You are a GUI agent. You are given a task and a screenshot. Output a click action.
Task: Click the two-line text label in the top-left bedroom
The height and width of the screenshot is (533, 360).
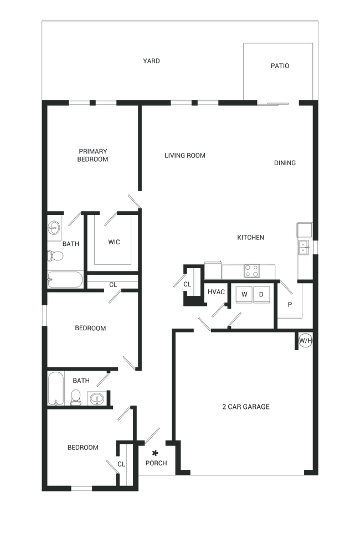pyautogui.click(x=92, y=155)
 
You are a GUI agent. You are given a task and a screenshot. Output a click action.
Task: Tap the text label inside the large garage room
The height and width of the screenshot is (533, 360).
pyautogui.click(x=245, y=406)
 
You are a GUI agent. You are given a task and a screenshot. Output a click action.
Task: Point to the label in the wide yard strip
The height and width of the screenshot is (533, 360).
pyautogui.click(x=151, y=61)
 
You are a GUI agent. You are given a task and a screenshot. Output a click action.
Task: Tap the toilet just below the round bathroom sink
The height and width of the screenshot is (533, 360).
pyautogui.click(x=56, y=255)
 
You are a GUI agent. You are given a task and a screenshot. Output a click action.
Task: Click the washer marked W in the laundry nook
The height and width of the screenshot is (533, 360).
pyautogui.click(x=244, y=294)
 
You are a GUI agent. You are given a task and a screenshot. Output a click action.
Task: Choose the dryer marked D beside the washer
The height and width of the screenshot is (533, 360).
pyautogui.click(x=260, y=294)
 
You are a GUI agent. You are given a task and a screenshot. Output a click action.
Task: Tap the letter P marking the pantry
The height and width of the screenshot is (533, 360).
pyautogui.click(x=289, y=304)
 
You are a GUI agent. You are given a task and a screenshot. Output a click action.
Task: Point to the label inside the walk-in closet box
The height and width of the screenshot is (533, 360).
pyautogui.click(x=114, y=242)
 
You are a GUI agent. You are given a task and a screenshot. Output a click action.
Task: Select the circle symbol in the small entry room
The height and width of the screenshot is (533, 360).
pyautogui.click(x=155, y=452)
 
